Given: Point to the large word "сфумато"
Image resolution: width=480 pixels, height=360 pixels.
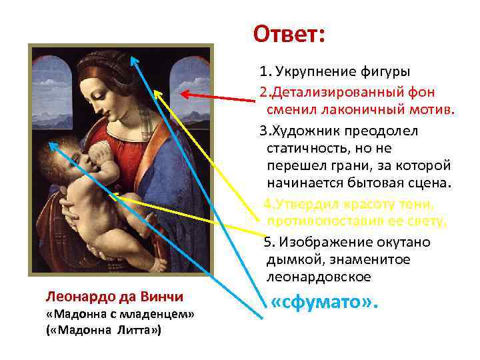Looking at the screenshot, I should [x=325, y=303].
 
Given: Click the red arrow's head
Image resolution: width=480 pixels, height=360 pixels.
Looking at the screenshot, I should [x=185, y=95].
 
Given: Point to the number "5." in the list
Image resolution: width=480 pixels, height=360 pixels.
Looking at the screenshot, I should [x=268, y=241].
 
